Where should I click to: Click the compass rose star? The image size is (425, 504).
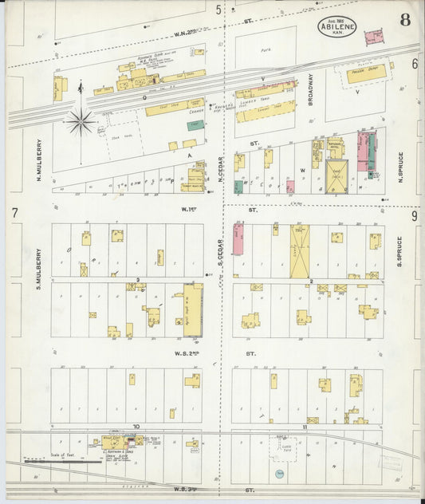81,121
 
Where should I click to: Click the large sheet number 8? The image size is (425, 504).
405,20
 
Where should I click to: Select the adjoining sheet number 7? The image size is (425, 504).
14,213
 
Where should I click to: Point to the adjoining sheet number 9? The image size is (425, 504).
415,215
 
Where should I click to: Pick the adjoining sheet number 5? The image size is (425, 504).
218,10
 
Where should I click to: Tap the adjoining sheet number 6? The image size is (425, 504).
415,64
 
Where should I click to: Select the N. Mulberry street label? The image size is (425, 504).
38,160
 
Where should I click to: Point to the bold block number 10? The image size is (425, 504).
136,427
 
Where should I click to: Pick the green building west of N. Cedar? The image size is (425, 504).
195,125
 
